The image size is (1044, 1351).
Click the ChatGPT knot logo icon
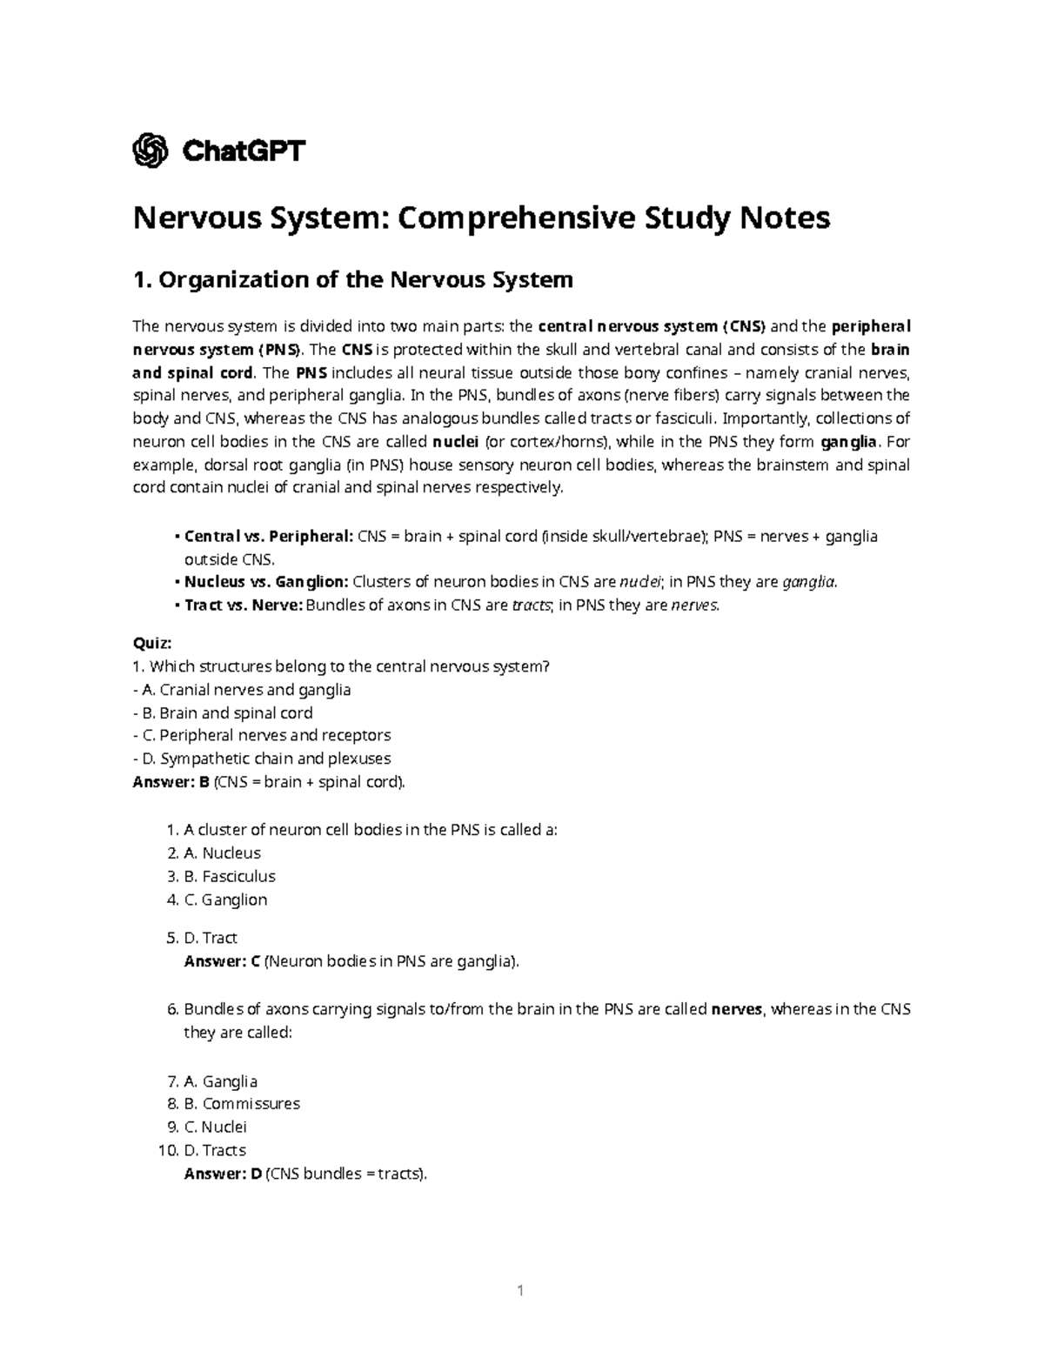tap(150, 151)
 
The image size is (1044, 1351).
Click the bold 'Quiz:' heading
tap(152, 644)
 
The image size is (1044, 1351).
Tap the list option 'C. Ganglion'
tap(225, 900)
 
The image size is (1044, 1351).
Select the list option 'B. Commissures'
tap(242, 1104)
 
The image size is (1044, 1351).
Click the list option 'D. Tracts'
tap(215, 1150)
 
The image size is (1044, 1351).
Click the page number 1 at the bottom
tap(520, 1290)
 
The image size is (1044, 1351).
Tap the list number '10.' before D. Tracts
tap(166, 1150)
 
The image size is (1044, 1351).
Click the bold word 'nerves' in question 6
tap(737, 1010)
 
